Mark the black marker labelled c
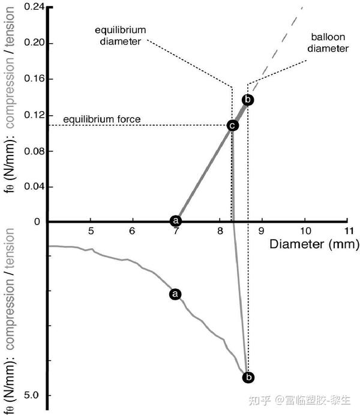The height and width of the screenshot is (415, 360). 232,126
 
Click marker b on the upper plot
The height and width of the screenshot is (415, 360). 248,100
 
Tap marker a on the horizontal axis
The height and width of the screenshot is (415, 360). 176,221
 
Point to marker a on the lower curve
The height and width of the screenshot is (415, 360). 175,294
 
